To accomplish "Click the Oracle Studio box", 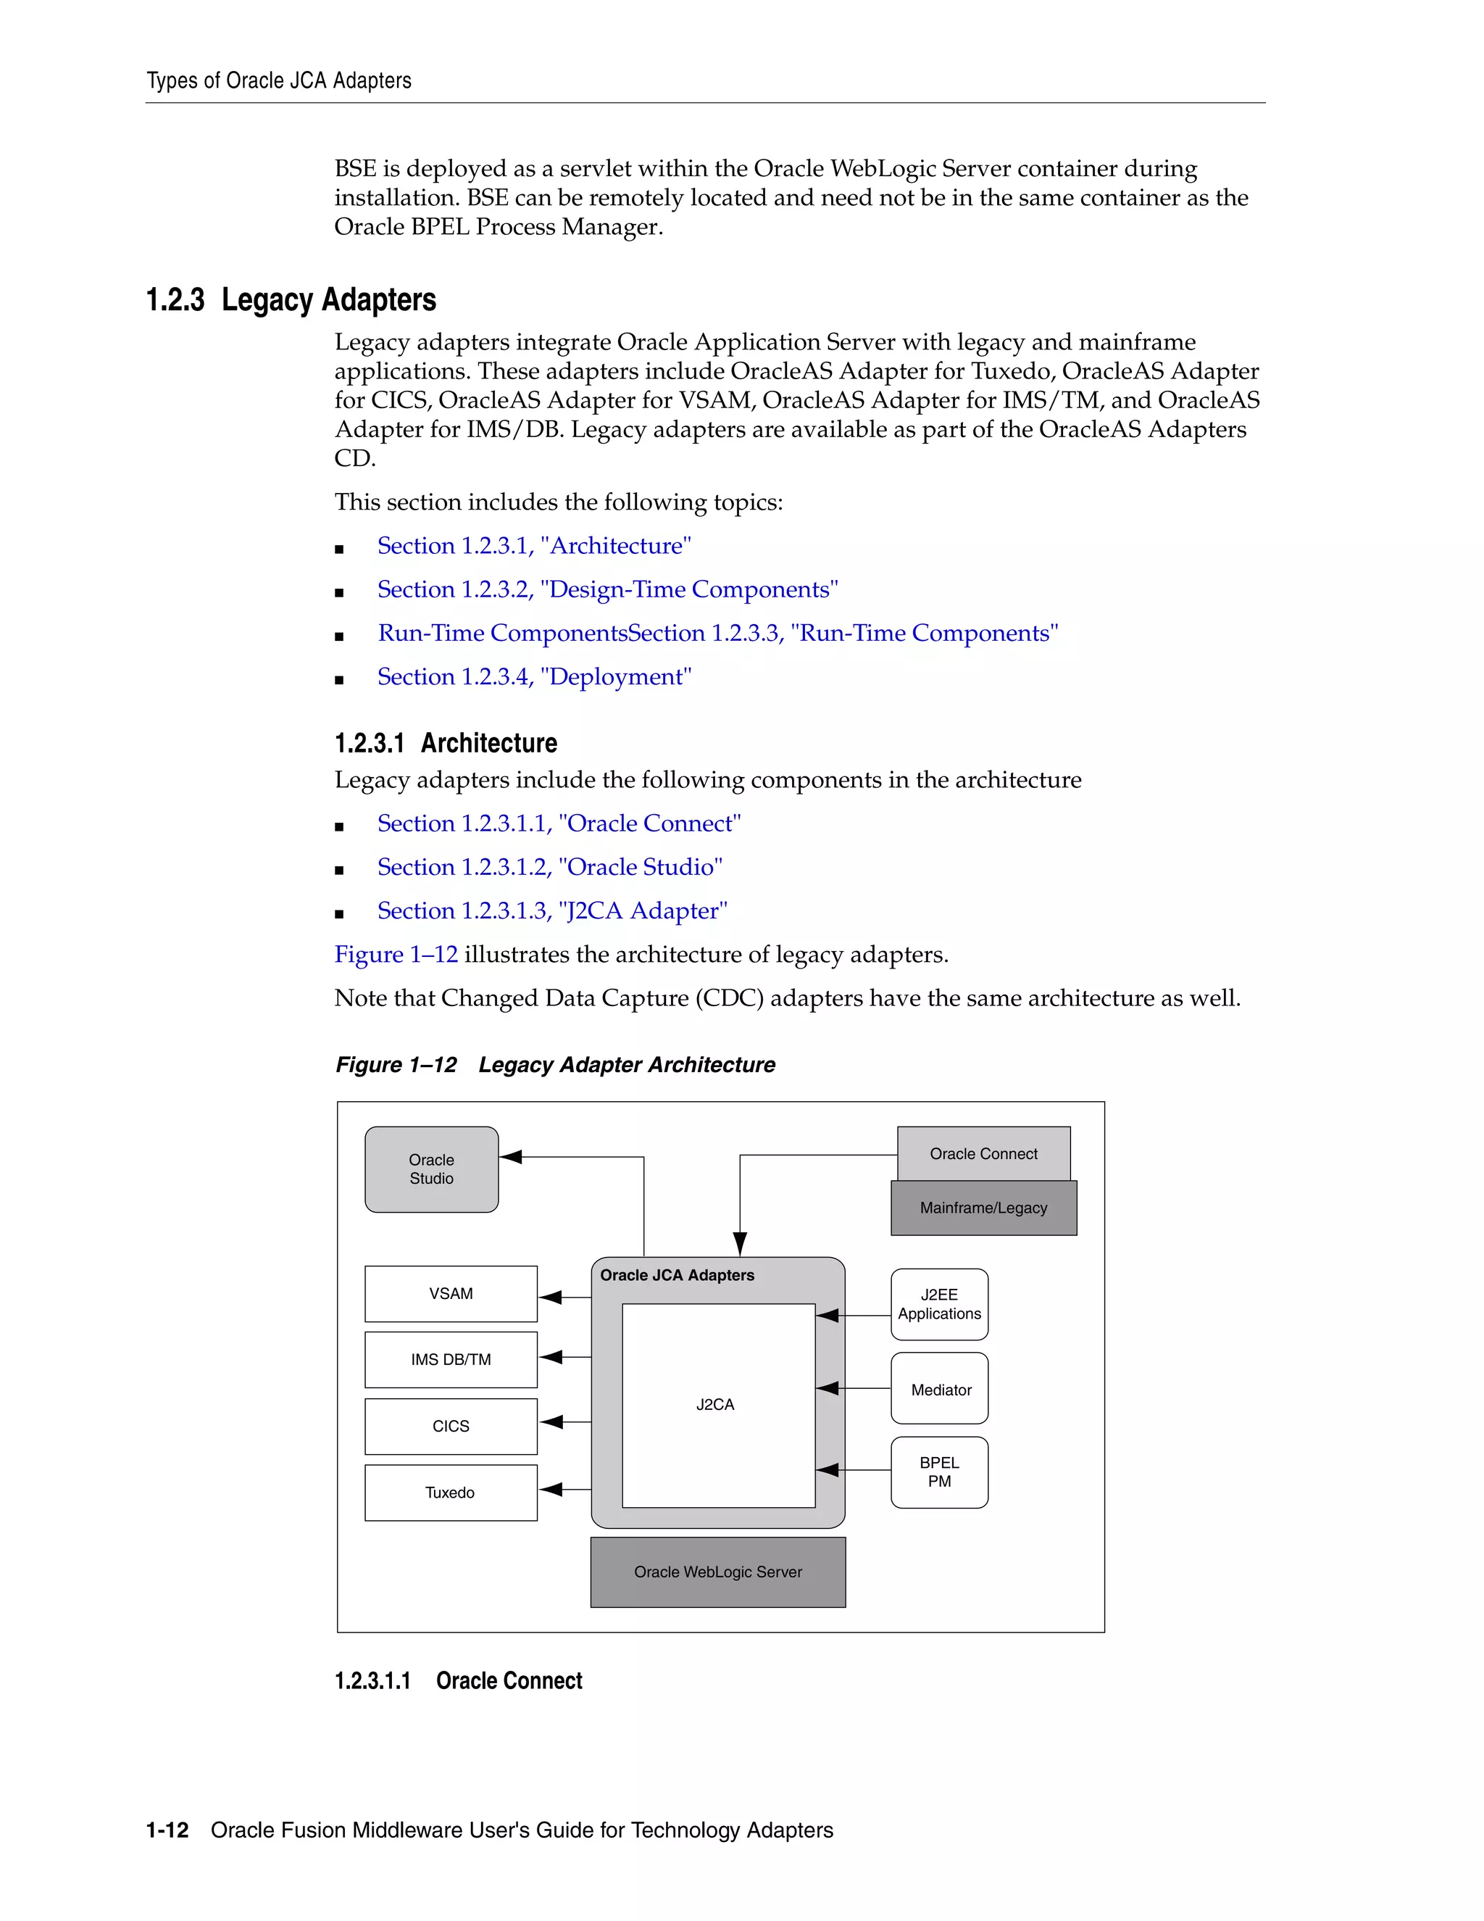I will pyautogui.click(x=431, y=1169).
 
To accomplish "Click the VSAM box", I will pyautogui.click(x=450, y=1293).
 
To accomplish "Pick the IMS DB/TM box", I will pyautogui.click(x=450, y=1359).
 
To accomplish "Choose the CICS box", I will pyautogui.click(x=450, y=1426).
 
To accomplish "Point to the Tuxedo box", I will pyautogui.click(x=450, y=1493).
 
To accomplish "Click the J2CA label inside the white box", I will pyautogui.click(x=714, y=1405).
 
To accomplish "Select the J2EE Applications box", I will pyautogui.click(x=939, y=1303).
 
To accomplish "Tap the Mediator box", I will pyautogui.click(x=939, y=1390).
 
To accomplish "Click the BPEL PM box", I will pyautogui.click(x=939, y=1472).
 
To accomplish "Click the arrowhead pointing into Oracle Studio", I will pyautogui.click(x=511, y=1157).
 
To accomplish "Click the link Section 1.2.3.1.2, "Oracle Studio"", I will pyautogui.click(x=549, y=866).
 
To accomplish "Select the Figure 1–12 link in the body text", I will pyautogui.click(x=396, y=955).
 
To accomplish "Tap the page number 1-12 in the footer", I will pyautogui.click(x=167, y=1830).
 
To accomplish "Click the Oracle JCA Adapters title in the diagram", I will pyautogui.click(x=677, y=1274).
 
